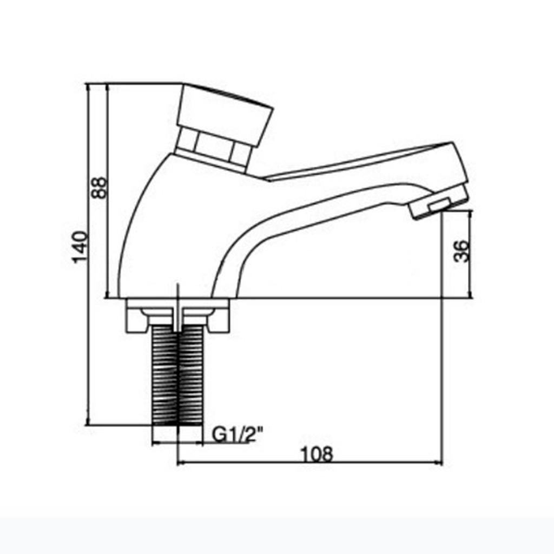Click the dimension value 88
(x=99, y=188)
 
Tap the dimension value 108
(x=316, y=454)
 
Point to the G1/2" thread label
(x=238, y=435)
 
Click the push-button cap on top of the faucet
(x=225, y=113)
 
